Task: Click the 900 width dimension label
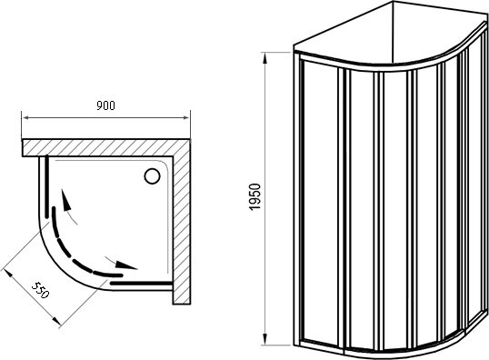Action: (x=105, y=105)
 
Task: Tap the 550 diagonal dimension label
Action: (x=41, y=290)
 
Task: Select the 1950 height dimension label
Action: (x=254, y=197)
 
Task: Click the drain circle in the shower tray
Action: (x=152, y=176)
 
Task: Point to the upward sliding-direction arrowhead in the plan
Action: (x=66, y=200)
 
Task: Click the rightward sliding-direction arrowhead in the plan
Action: (x=126, y=265)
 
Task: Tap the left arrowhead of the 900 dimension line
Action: (x=25, y=118)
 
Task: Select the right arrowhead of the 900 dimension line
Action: (x=186, y=118)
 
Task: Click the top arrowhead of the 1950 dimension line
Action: (x=264, y=58)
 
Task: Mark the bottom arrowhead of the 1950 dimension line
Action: (x=264, y=339)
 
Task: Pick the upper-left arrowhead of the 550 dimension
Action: (x=7, y=275)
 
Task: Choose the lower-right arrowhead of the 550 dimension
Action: (x=56, y=321)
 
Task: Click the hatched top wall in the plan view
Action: (x=106, y=147)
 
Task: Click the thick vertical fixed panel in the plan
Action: (x=46, y=186)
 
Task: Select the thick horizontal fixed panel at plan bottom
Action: (x=141, y=284)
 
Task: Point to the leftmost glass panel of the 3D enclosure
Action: (x=320, y=203)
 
